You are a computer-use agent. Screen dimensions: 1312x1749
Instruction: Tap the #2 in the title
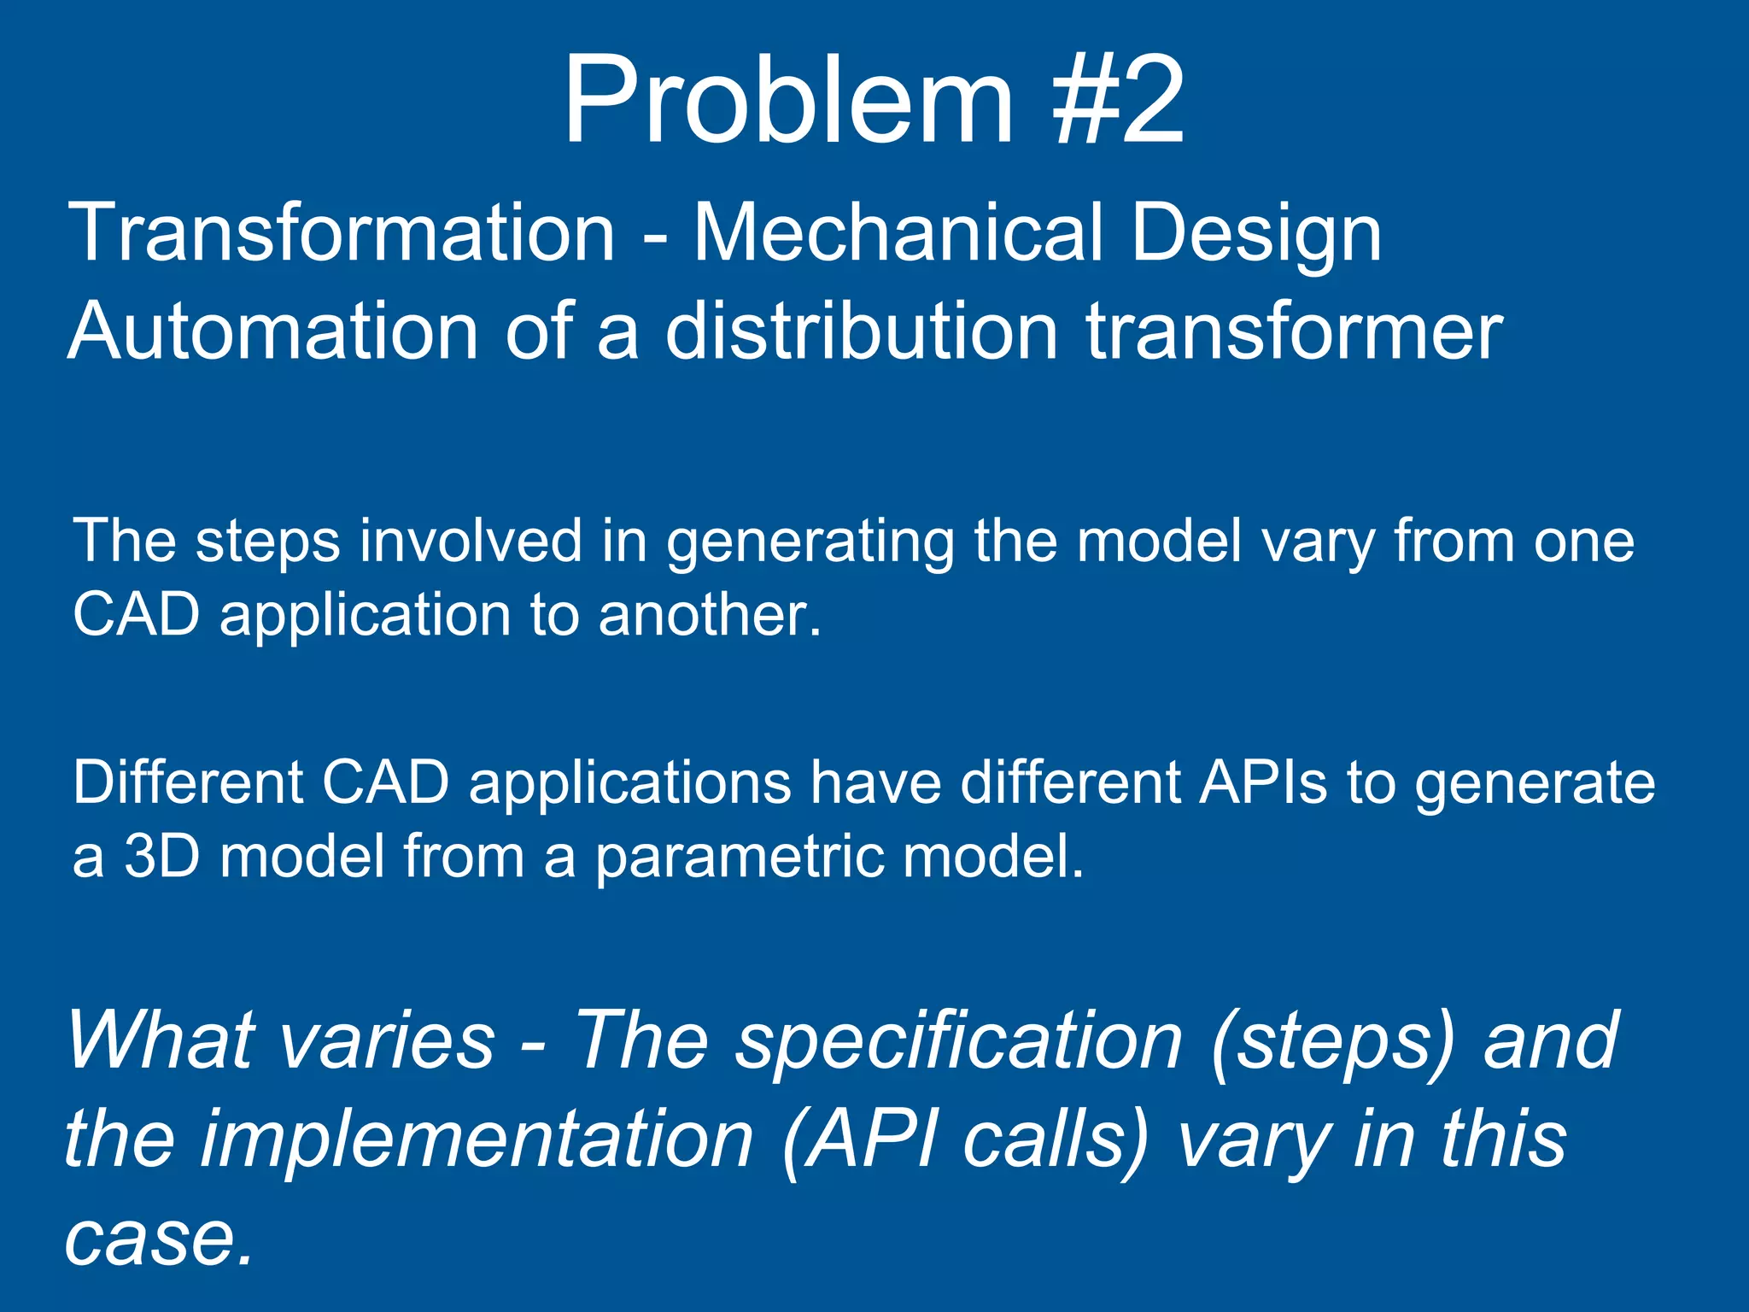point(1119,101)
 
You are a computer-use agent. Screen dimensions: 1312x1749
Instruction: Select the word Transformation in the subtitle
point(342,232)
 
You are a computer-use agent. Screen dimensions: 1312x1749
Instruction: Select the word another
point(709,615)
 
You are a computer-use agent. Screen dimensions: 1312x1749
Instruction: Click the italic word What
point(160,1040)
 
